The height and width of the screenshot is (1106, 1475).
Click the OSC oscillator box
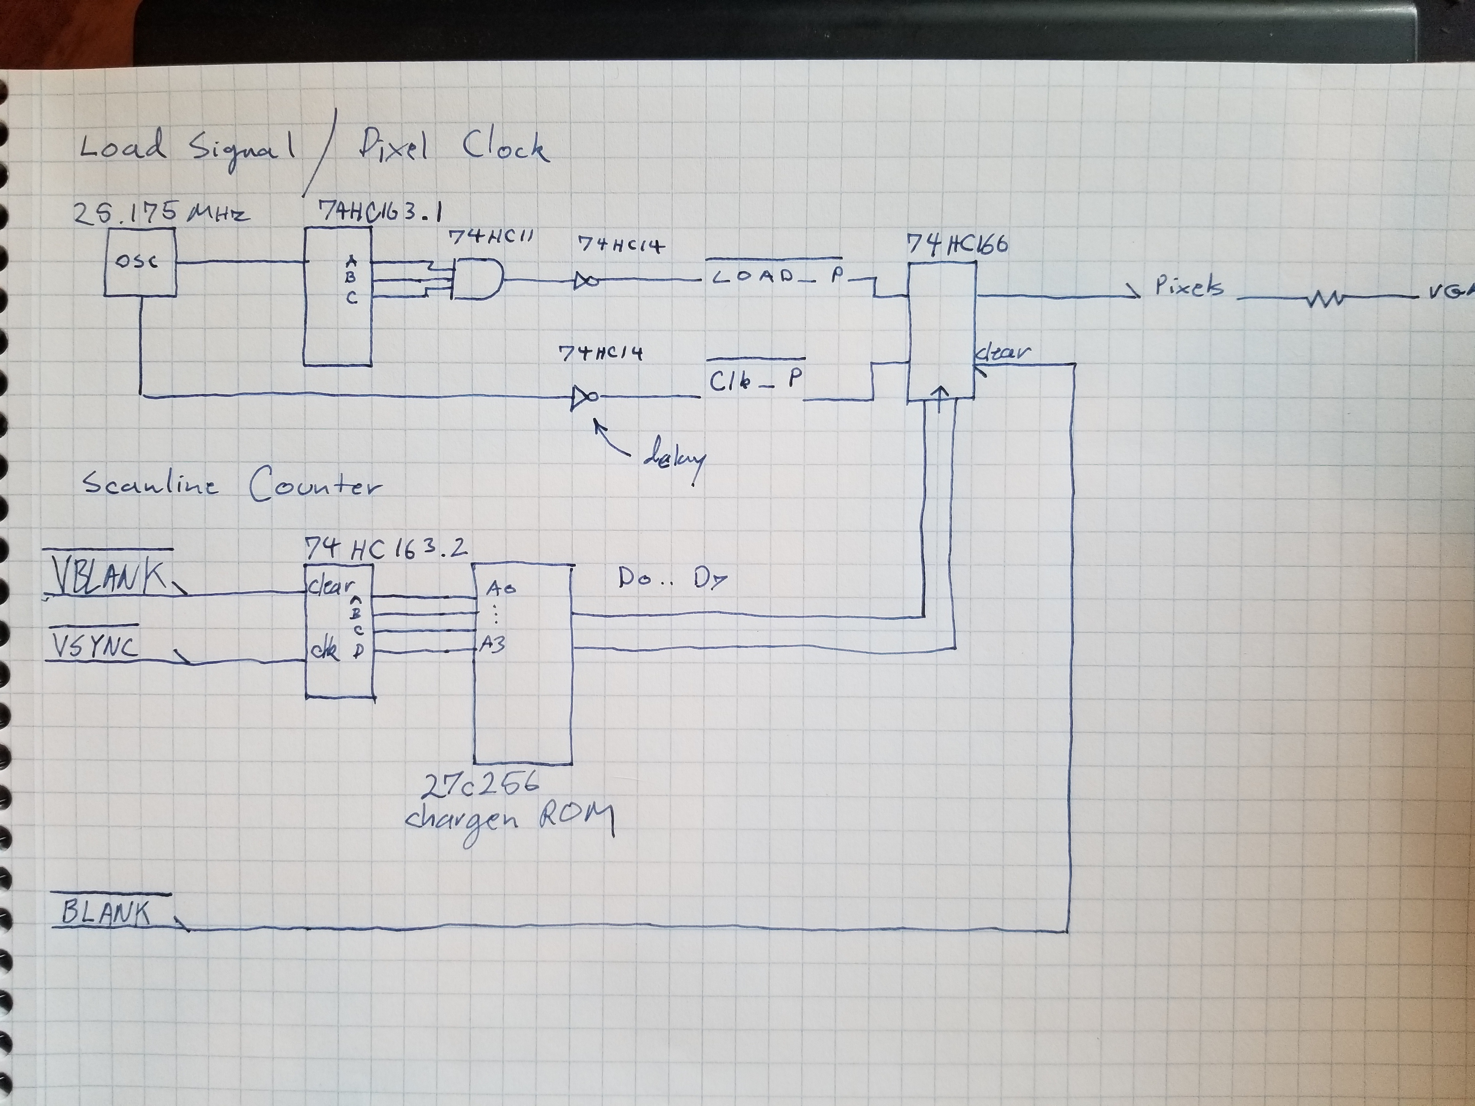[x=140, y=262]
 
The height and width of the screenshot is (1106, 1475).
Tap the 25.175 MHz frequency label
[x=160, y=212]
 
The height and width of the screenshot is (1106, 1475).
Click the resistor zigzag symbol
[x=1324, y=299]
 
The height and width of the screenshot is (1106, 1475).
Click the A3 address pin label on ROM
[x=492, y=645]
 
